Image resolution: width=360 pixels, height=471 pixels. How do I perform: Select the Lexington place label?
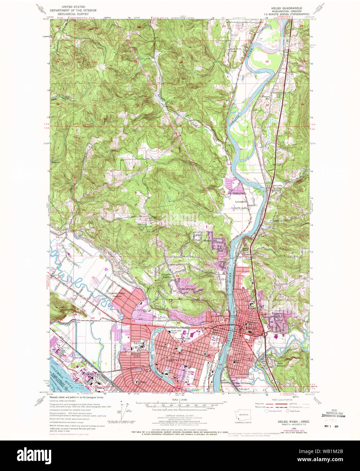click(241, 201)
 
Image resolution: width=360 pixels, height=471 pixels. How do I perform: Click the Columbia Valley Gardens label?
click(114, 295)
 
